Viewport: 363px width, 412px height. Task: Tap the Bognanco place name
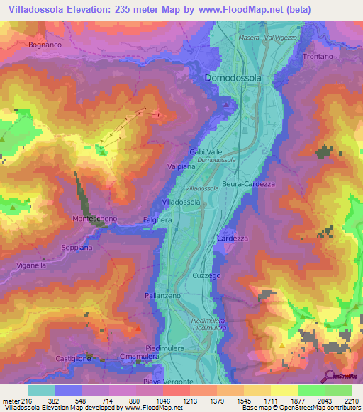(x=48, y=45)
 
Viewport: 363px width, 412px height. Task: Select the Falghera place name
(x=158, y=220)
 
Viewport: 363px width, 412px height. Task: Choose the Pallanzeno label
(x=163, y=294)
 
